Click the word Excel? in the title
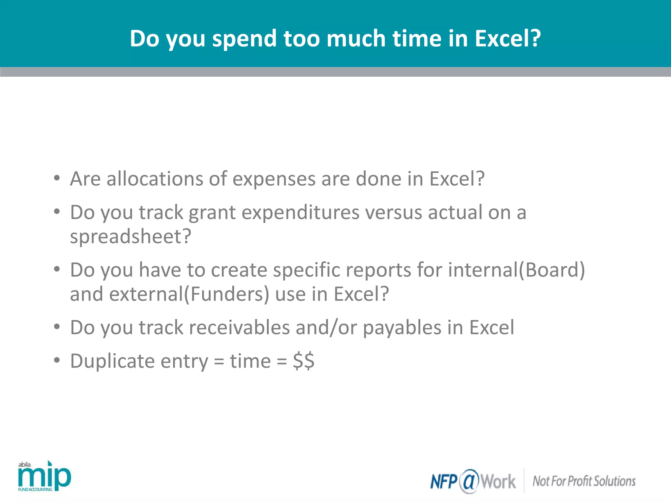[x=508, y=39]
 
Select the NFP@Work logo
[x=473, y=481]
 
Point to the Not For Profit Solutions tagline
[x=584, y=481]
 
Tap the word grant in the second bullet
[x=212, y=213]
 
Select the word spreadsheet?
[x=130, y=236]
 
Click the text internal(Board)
[x=516, y=270]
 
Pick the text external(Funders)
[x=189, y=294]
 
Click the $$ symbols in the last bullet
[x=303, y=361]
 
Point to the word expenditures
[x=300, y=213]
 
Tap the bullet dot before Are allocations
[x=57, y=178]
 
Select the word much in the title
[x=356, y=39]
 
